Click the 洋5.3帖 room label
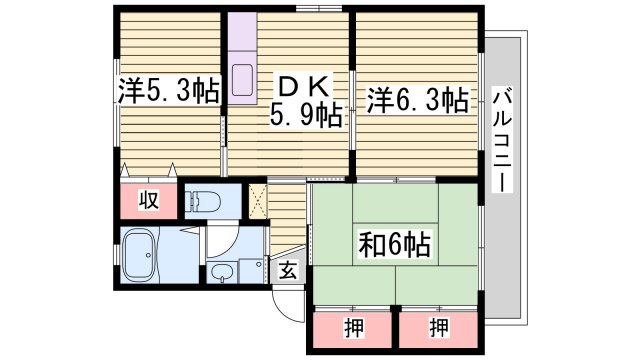pyautogui.click(x=168, y=93)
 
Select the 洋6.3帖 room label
pyautogui.click(x=417, y=99)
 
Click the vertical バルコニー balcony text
pyautogui.click(x=502, y=140)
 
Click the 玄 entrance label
pyautogui.click(x=287, y=270)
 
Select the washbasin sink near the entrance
pyautogui.click(x=223, y=273)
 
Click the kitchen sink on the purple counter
pyautogui.click(x=244, y=79)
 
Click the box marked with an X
pyautogui.click(x=256, y=199)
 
